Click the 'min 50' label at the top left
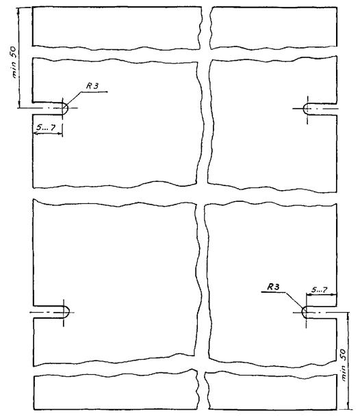(x=14, y=62)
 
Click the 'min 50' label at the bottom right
(x=344, y=365)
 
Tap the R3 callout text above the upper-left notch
(x=92, y=86)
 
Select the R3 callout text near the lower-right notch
(x=273, y=287)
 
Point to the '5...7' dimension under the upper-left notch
(x=46, y=127)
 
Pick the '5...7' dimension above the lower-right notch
(x=319, y=290)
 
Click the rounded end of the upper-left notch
(x=66, y=109)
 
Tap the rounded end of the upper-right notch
(x=306, y=109)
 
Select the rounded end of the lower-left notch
(x=67, y=312)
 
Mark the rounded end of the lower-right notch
(x=304, y=312)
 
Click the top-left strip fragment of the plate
(x=116, y=28)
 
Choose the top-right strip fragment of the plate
(x=273, y=28)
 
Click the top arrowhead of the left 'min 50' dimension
(x=18, y=12)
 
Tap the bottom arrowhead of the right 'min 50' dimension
(x=348, y=406)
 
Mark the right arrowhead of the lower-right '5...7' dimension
(x=333, y=295)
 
